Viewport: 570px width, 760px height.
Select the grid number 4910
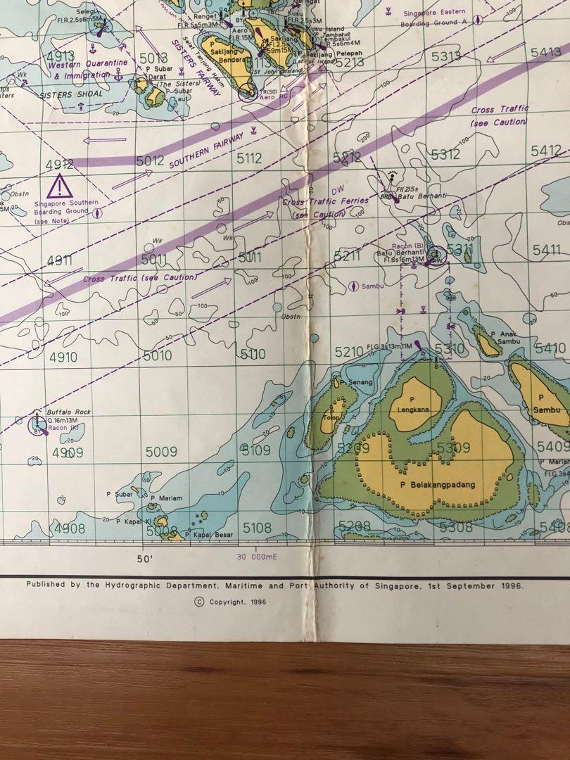tap(63, 357)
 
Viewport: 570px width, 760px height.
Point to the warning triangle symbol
tap(60, 187)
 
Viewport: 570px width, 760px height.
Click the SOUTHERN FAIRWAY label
tap(205, 148)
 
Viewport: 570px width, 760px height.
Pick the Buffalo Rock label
tap(69, 412)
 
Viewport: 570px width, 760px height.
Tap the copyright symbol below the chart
tap(199, 602)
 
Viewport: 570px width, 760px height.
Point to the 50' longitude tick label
tap(145, 558)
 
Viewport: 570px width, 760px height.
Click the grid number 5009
tap(161, 452)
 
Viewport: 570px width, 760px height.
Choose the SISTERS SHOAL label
tap(71, 94)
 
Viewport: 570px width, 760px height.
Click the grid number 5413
tap(546, 52)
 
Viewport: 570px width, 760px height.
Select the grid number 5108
tap(257, 527)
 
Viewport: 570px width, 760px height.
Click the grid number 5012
tap(150, 161)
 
